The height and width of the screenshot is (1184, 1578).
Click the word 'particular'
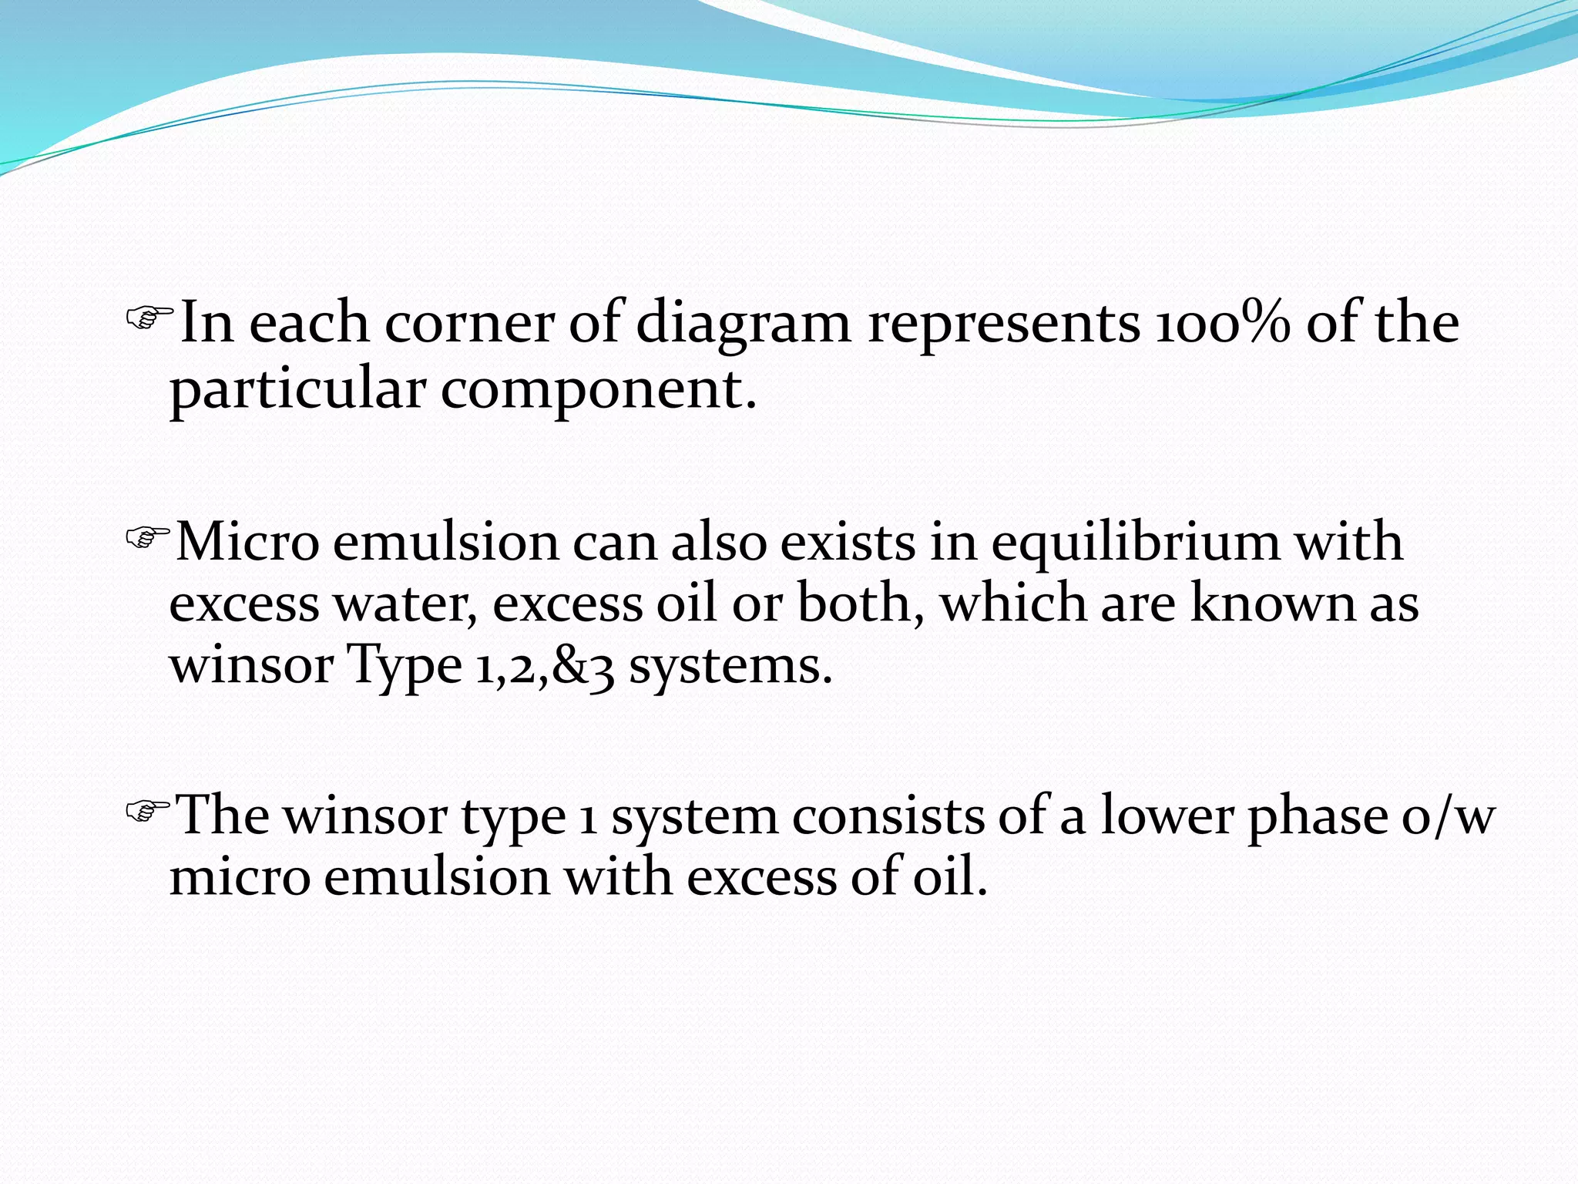tap(297, 390)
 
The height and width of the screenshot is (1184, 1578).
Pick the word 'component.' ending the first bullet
tap(599, 390)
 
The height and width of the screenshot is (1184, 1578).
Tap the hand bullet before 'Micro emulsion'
tap(147, 536)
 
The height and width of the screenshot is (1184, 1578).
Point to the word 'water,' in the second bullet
tap(405, 604)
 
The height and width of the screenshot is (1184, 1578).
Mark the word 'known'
tap(1272, 604)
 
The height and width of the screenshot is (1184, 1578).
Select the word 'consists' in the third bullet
tap(888, 816)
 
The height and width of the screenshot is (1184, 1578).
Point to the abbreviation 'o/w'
tap(1449, 816)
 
